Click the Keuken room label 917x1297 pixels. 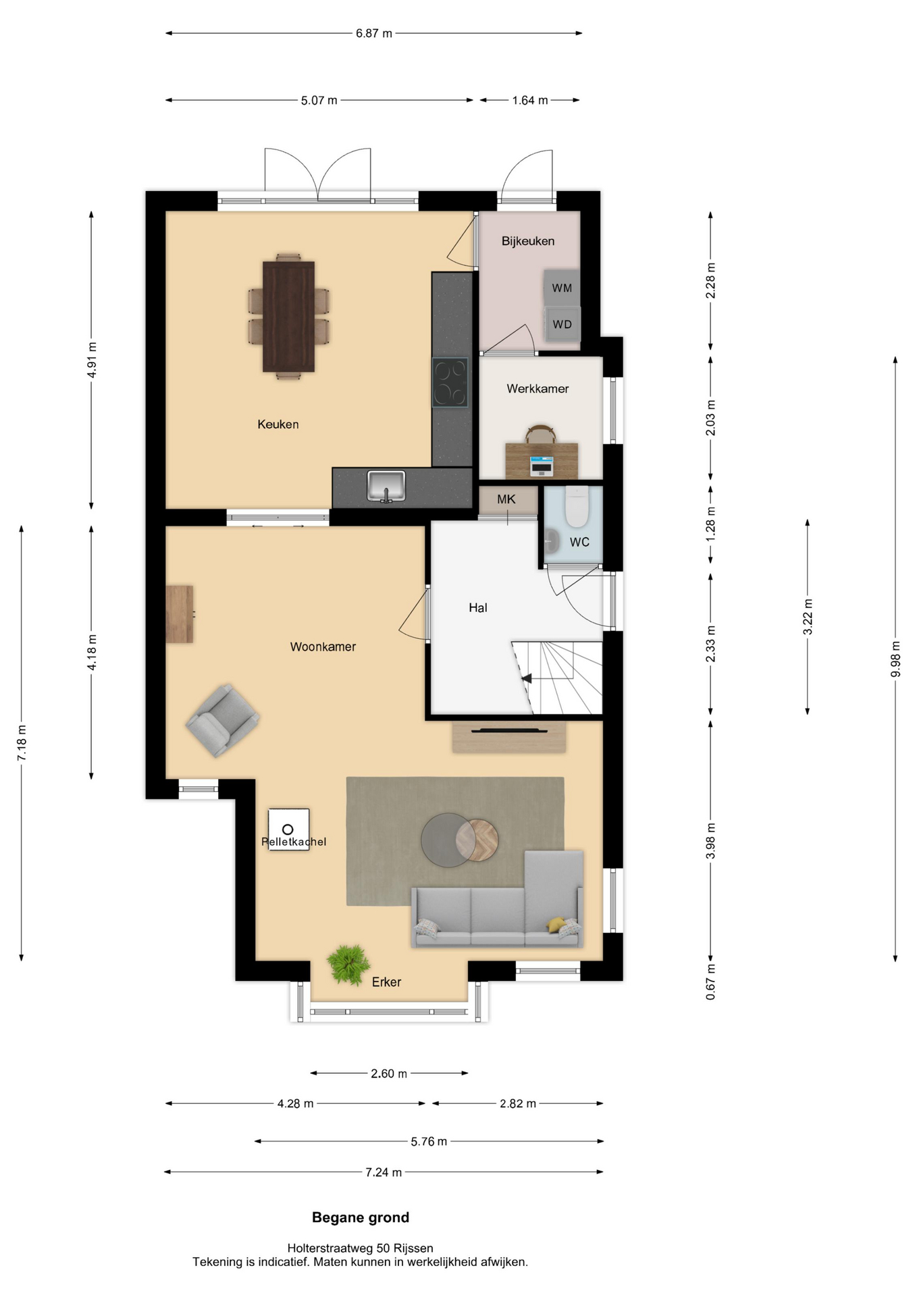click(278, 424)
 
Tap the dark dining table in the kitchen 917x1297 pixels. click(288, 316)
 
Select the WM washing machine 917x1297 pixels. click(562, 287)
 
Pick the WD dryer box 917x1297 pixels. click(562, 324)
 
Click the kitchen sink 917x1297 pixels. click(386, 486)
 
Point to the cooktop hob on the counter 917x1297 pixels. click(450, 382)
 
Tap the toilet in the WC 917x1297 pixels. click(577, 506)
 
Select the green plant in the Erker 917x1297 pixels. click(348, 964)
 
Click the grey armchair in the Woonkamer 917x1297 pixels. click(222, 720)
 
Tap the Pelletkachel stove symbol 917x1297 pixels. click(289, 830)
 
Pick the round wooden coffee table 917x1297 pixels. click(477, 840)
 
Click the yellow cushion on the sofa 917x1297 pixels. click(556, 925)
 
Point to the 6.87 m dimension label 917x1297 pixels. click(374, 33)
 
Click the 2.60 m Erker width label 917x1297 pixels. click(389, 1073)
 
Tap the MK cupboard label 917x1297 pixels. click(506, 499)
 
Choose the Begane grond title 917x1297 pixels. click(361, 1217)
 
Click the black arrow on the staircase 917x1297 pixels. click(526, 678)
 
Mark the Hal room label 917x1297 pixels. click(478, 608)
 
